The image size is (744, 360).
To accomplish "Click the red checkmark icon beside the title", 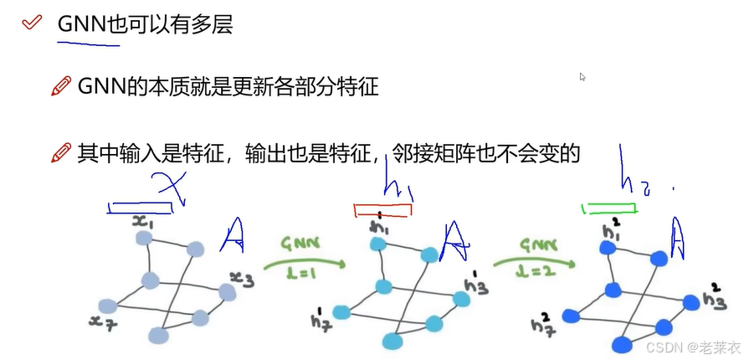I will pyautogui.click(x=31, y=23).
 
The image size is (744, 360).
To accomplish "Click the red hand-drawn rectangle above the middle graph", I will pyautogui.click(x=382, y=210).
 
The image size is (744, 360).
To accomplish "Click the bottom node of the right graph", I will pyautogui.click(x=621, y=343).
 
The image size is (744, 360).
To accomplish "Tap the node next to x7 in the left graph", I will pyautogui.click(x=106, y=306).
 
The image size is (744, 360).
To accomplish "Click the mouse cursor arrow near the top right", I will pyautogui.click(x=582, y=76).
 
